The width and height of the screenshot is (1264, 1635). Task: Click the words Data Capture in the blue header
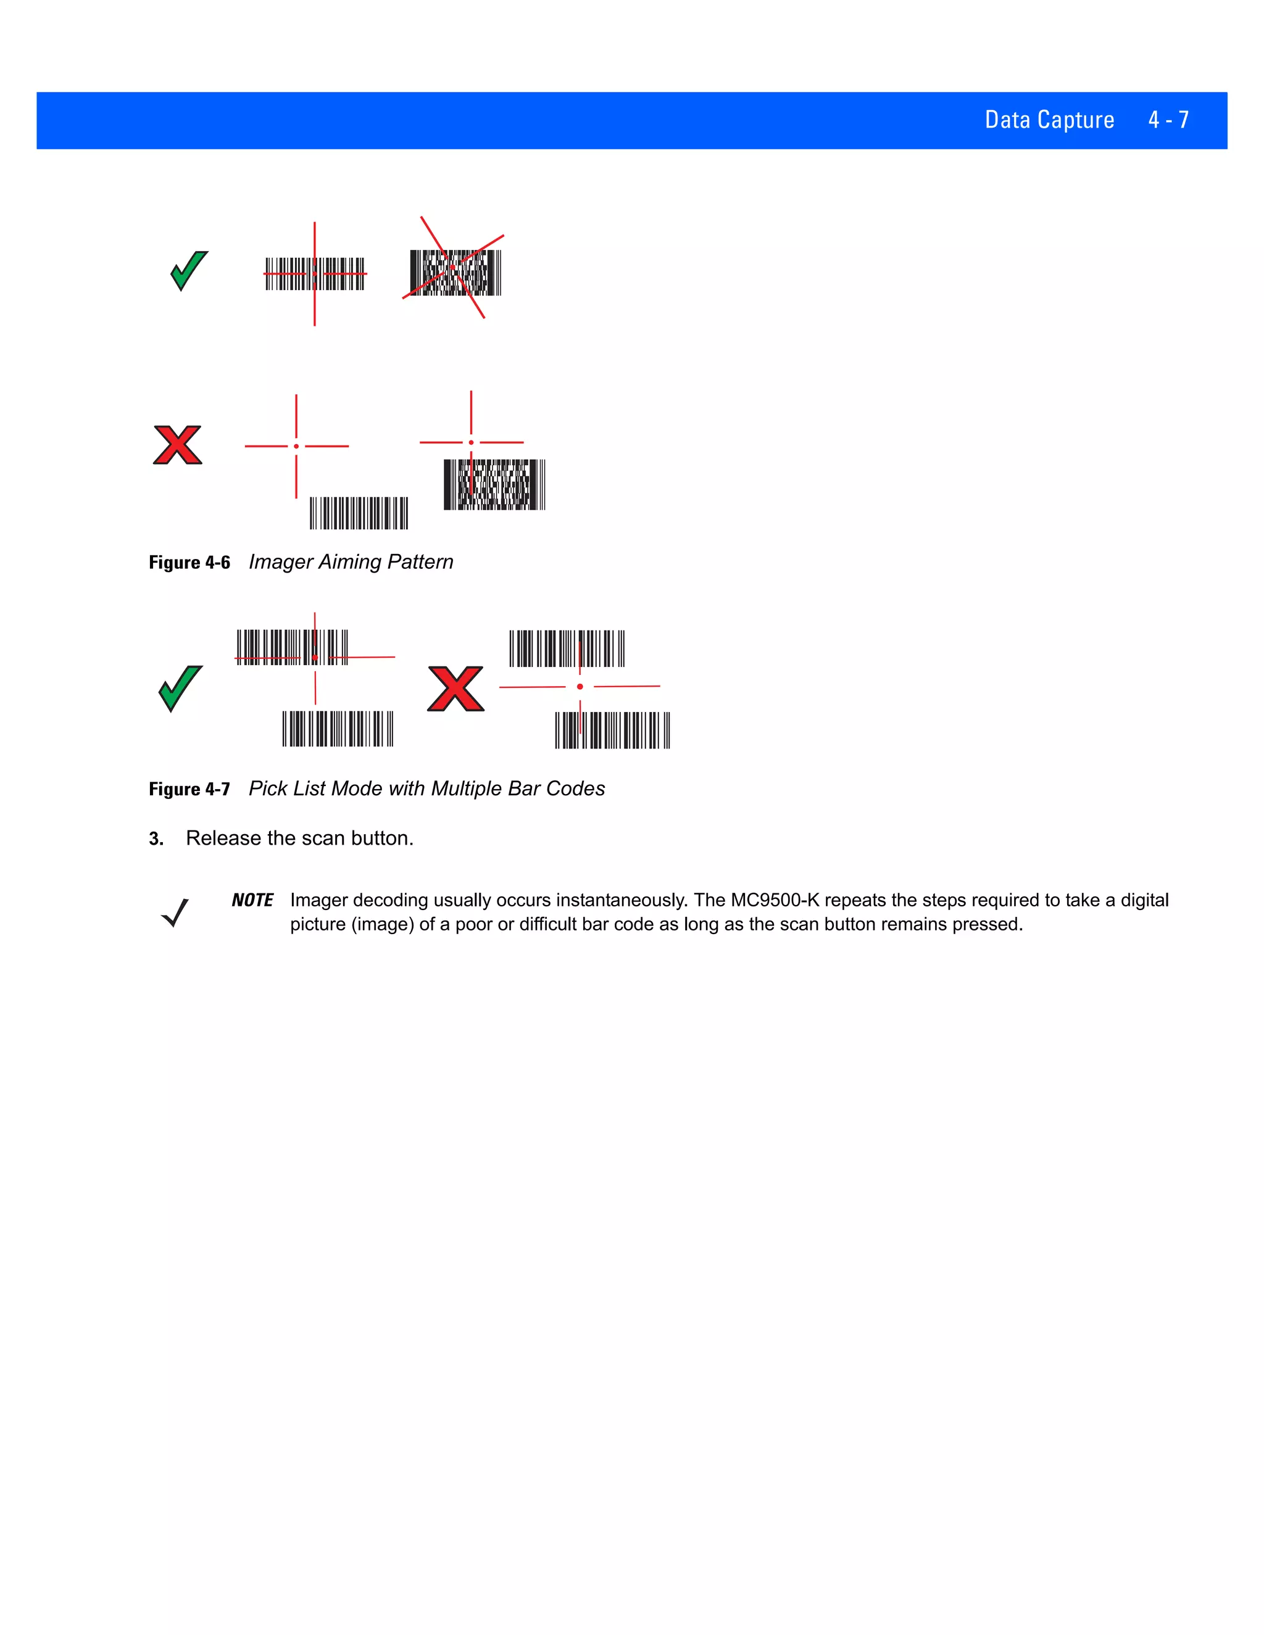coord(1049,120)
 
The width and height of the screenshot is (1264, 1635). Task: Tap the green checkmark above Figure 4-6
coord(189,270)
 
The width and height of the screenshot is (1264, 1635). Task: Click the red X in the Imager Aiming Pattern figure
coord(178,445)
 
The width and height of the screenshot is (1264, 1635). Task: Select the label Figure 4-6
coord(189,562)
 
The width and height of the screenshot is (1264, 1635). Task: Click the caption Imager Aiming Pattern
coord(351,561)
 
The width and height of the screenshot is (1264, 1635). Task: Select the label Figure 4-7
coord(189,789)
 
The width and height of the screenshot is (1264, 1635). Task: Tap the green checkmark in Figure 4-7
coord(180,688)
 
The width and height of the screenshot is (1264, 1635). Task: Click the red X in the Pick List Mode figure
coord(455,688)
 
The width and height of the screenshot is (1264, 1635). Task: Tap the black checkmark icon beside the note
coord(175,912)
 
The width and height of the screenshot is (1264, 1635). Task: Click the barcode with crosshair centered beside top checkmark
coord(315,273)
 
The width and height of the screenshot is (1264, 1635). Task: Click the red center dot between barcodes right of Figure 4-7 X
coord(580,687)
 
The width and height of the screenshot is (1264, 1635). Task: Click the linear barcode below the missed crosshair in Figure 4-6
coord(359,513)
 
